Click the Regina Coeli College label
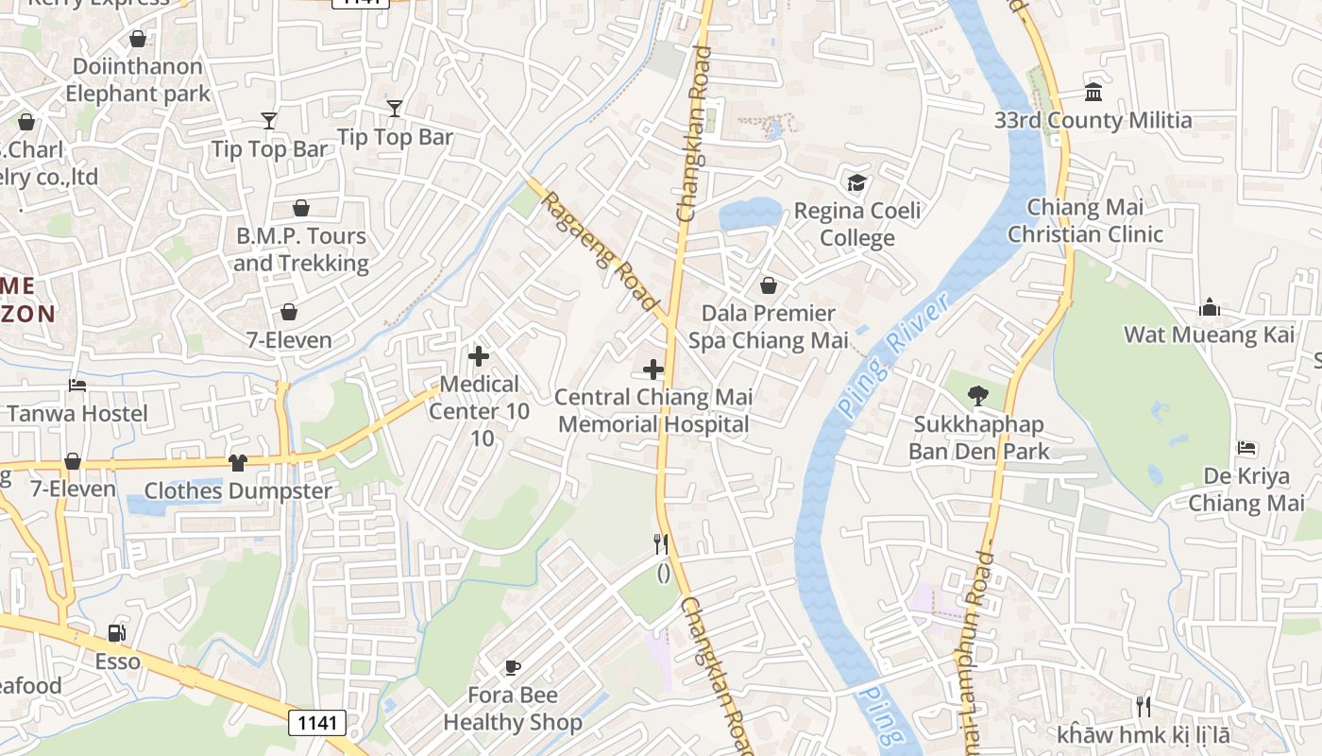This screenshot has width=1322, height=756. [x=856, y=224]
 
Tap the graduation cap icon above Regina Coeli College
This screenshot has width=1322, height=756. [x=856, y=182]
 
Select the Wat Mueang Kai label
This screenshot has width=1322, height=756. [x=1209, y=335]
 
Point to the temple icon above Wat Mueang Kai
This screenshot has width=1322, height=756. [x=1210, y=307]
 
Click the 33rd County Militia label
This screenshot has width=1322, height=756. [x=1093, y=121]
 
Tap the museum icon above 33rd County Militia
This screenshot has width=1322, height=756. [x=1093, y=93]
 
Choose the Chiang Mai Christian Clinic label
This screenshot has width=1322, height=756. [x=1085, y=220]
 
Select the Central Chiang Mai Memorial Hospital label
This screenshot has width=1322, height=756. [x=653, y=410]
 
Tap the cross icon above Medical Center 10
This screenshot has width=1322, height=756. [x=479, y=356]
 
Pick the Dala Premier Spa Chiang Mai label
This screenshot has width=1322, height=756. [x=768, y=326]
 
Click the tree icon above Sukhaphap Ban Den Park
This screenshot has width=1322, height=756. [x=978, y=396]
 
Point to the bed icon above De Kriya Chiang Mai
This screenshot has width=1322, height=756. [x=1246, y=447]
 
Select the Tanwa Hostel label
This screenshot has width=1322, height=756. [x=77, y=413]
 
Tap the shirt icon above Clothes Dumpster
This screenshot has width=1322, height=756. [x=237, y=462]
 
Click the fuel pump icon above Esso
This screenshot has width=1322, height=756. [x=117, y=633]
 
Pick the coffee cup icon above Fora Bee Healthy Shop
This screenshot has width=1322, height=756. [x=512, y=667]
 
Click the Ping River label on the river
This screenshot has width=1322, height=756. [x=892, y=354]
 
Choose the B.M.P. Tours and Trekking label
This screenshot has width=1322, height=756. [x=300, y=249]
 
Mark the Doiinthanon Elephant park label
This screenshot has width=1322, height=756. [x=137, y=79]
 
